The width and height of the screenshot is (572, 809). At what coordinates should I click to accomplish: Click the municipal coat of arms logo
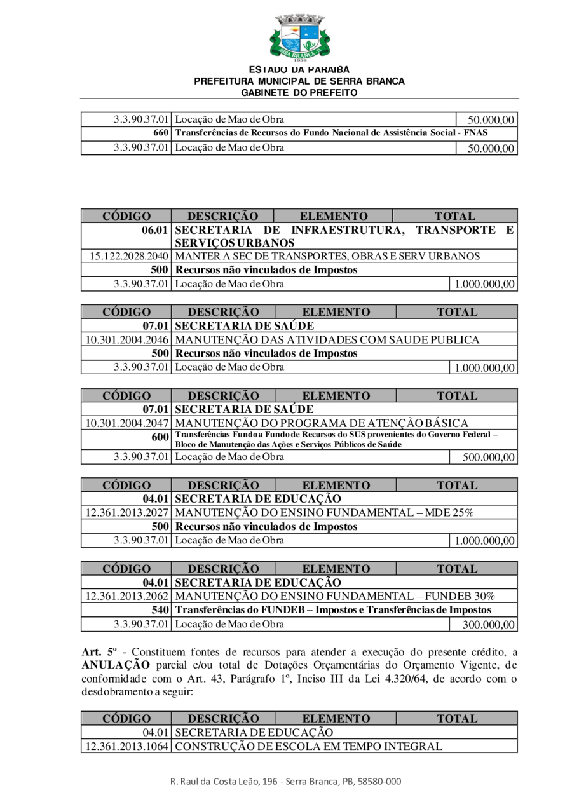pos(299,37)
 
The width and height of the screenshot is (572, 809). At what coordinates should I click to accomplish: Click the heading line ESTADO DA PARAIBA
pos(299,69)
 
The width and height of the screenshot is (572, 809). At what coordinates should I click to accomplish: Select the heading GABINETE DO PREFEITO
pos(299,93)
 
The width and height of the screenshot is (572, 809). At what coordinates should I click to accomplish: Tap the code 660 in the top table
pos(161,133)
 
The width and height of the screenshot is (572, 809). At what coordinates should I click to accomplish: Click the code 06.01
pos(156,230)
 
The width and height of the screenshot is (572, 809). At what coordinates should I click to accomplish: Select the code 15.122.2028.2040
pos(128,256)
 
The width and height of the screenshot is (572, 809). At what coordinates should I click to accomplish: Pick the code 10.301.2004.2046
pos(127,340)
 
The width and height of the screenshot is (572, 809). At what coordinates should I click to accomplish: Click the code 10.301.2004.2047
pos(127,423)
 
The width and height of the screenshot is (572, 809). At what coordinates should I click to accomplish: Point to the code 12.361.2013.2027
pos(127,513)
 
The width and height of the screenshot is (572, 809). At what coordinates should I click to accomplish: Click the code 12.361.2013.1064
pos(127,745)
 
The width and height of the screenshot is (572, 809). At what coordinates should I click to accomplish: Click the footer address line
pos(285,782)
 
